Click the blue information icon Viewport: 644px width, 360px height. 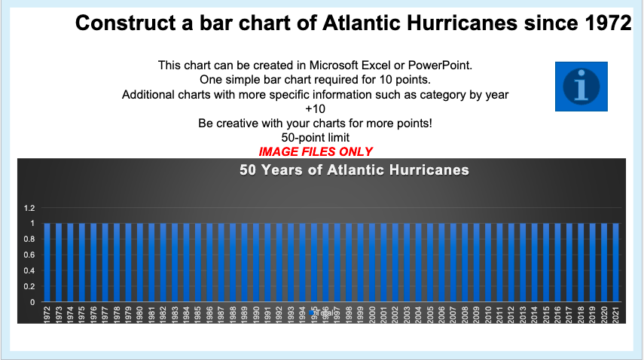coord(581,87)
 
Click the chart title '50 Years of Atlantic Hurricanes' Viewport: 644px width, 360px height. coord(354,170)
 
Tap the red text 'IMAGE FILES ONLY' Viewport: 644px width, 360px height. coord(316,151)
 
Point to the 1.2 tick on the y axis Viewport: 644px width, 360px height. coord(29,208)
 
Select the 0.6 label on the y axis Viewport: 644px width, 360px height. coord(29,255)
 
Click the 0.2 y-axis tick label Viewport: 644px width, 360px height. coord(29,287)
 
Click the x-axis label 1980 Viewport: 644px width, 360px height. coord(140,314)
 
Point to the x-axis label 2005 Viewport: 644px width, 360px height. coord(430,314)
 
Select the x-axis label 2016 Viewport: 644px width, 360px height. coord(557,314)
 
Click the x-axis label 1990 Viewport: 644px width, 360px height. coord(256,314)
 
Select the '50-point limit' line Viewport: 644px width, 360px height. coord(315,138)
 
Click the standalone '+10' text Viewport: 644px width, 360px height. coord(315,108)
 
